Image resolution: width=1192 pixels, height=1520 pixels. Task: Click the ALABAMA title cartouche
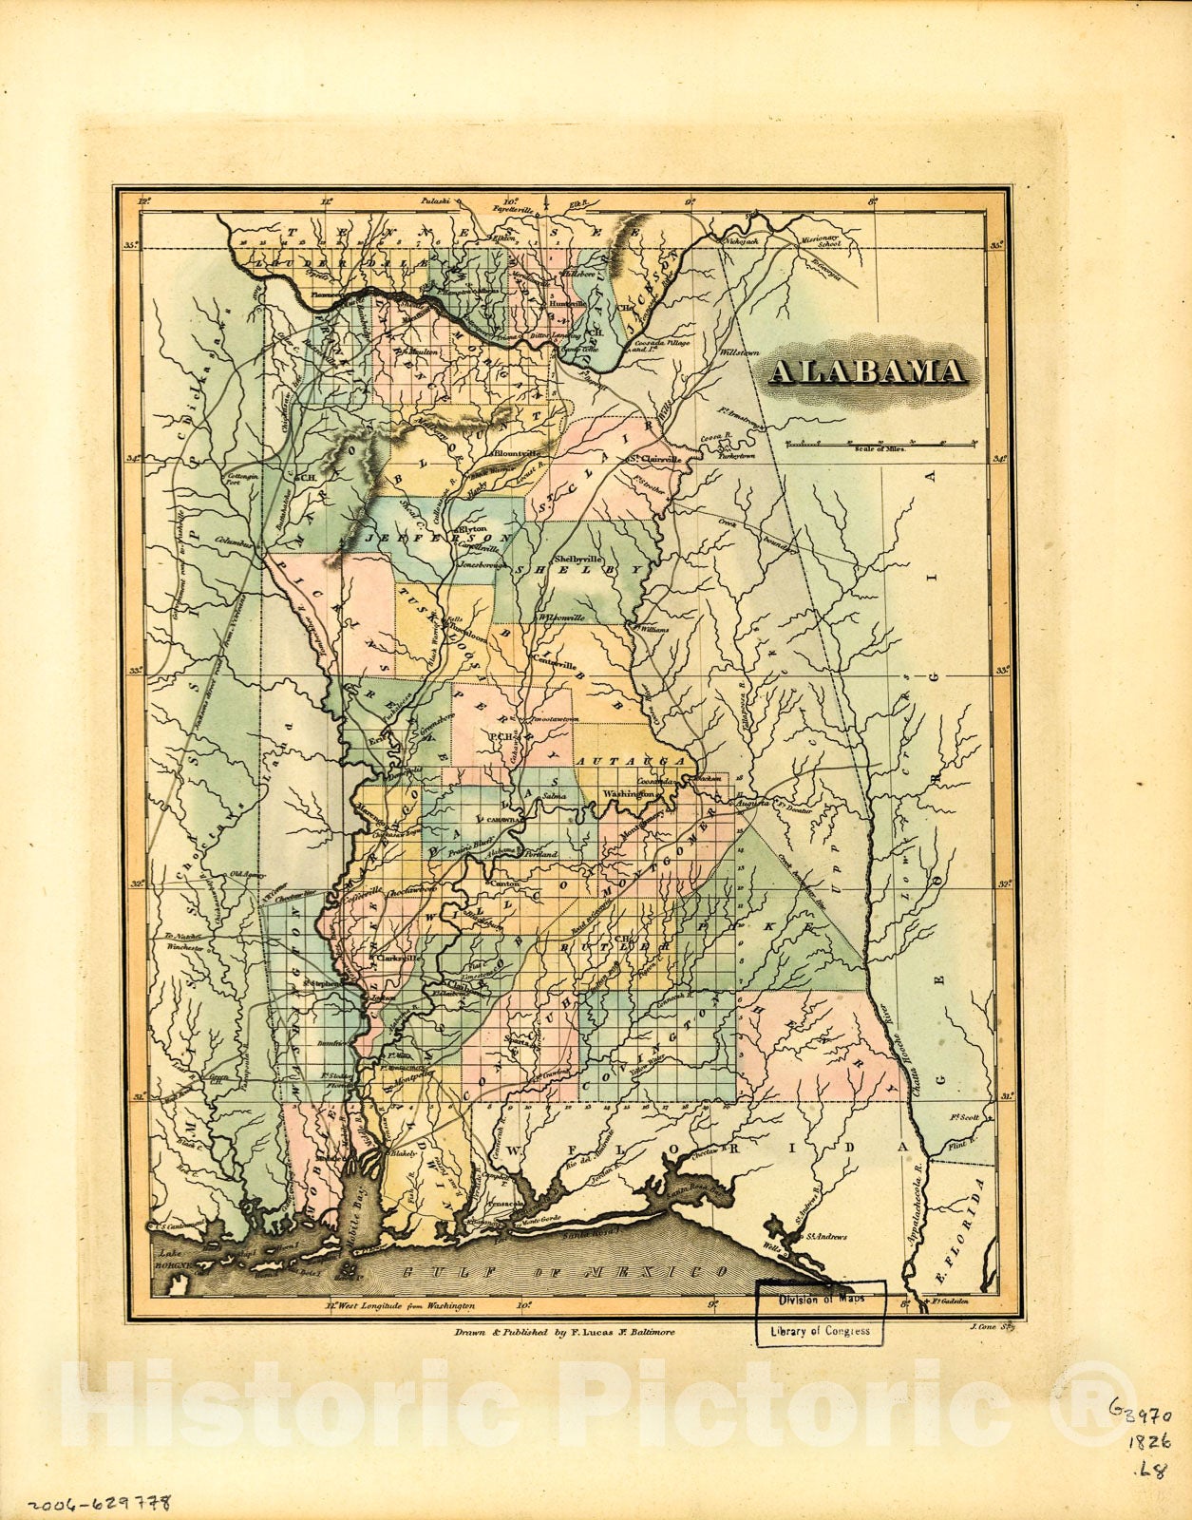click(867, 371)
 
